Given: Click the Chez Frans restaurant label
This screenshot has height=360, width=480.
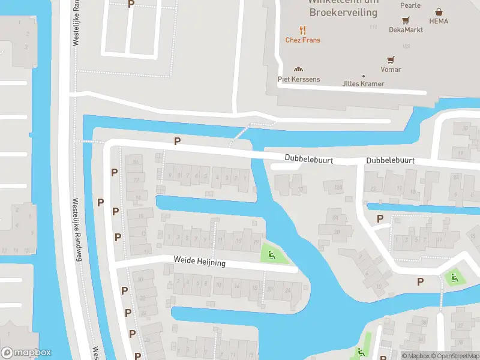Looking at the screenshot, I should point(302,40).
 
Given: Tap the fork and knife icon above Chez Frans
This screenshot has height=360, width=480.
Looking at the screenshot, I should point(302,29).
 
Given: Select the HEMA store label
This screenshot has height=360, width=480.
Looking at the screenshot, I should point(439,21).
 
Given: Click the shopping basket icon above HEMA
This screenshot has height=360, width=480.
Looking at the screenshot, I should point(439,11).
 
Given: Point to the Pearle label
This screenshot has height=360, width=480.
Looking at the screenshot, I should point(410,6).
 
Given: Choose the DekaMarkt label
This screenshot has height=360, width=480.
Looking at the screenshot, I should point(406,29).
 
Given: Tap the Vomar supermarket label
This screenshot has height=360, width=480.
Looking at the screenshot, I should point(391,70).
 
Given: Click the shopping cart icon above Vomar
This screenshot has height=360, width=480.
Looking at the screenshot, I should point(391,59).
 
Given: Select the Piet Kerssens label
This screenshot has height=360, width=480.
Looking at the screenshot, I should point(299,79).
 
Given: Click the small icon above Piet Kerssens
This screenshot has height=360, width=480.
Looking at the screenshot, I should point(298,69).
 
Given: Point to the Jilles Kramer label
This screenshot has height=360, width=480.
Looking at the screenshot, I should point(363,83).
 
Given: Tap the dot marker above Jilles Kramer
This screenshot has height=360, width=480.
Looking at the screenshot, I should point(363,76).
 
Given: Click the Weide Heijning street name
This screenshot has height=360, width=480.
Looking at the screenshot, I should point(200,263).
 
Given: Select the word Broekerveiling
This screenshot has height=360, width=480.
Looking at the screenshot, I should point(343,12).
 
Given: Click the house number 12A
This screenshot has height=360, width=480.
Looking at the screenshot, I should point(338,188).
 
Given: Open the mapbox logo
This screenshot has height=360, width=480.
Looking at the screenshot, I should point(26,353).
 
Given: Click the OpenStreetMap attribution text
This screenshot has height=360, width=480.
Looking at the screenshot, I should point(457,356).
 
